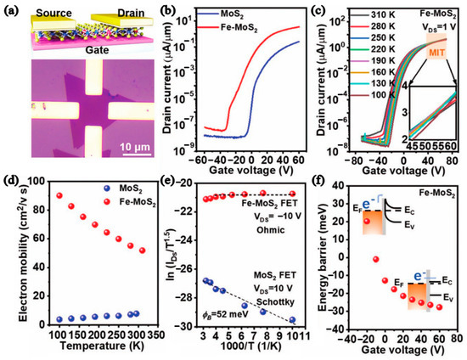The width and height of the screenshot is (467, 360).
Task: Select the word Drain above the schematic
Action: point(123,9)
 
